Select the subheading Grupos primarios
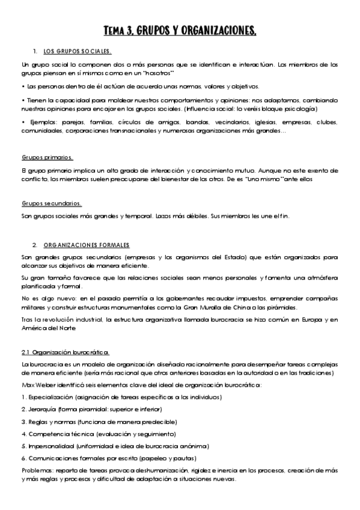pyautogui.click(x=47, y=158)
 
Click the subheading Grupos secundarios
pyautogui.click(x=52, y=203)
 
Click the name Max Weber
pyautogui.click(x=37, y=385)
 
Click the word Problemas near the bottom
pyautogui.click(x=37, y=470)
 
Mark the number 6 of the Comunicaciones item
pyautogui.click(x=23, y=458)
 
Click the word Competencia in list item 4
pyautogui.click(x=47, y=433)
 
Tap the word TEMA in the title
pyautogui.click(x=115, y=30)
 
